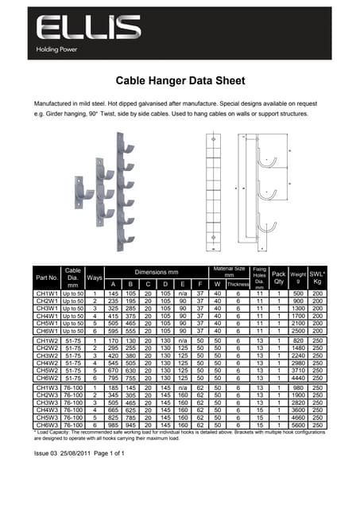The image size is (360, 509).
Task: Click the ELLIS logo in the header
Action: coord(88,29)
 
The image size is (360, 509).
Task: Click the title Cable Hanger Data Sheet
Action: coord(179,80)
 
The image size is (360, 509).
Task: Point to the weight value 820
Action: coord(299,340)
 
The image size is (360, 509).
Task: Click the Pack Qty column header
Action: coord(279,278)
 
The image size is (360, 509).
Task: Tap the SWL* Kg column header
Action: coord(318,278)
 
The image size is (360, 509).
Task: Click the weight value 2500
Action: coord(299,330)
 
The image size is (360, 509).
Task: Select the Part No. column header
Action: coord(46,278)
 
